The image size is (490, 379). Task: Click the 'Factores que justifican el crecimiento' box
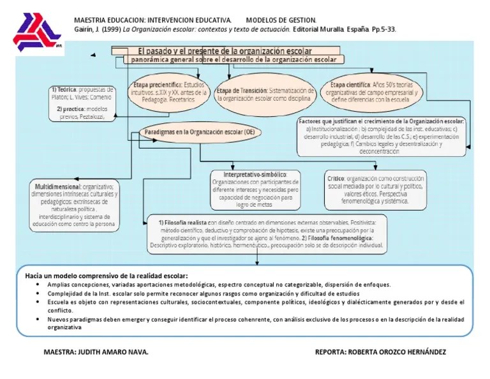pos(382,136)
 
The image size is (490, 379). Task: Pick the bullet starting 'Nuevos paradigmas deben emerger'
pos(255,322)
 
